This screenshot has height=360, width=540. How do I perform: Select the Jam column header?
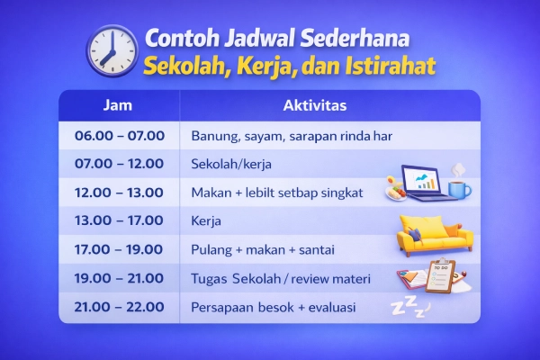118,105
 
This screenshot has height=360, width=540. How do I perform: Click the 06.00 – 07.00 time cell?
118,136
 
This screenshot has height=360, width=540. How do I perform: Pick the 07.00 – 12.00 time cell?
118,164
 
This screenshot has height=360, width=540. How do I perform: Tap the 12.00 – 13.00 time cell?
118,193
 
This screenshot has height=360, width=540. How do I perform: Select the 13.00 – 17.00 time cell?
118,220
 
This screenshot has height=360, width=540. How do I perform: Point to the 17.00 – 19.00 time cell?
118,249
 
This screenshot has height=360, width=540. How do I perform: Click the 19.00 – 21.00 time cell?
118,278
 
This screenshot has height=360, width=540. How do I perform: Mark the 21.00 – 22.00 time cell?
118,307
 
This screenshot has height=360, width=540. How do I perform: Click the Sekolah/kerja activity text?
231,165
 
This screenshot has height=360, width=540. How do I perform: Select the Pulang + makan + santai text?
257,249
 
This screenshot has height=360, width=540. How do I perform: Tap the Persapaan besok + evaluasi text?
274,307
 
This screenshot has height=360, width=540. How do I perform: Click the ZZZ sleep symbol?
407,305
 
